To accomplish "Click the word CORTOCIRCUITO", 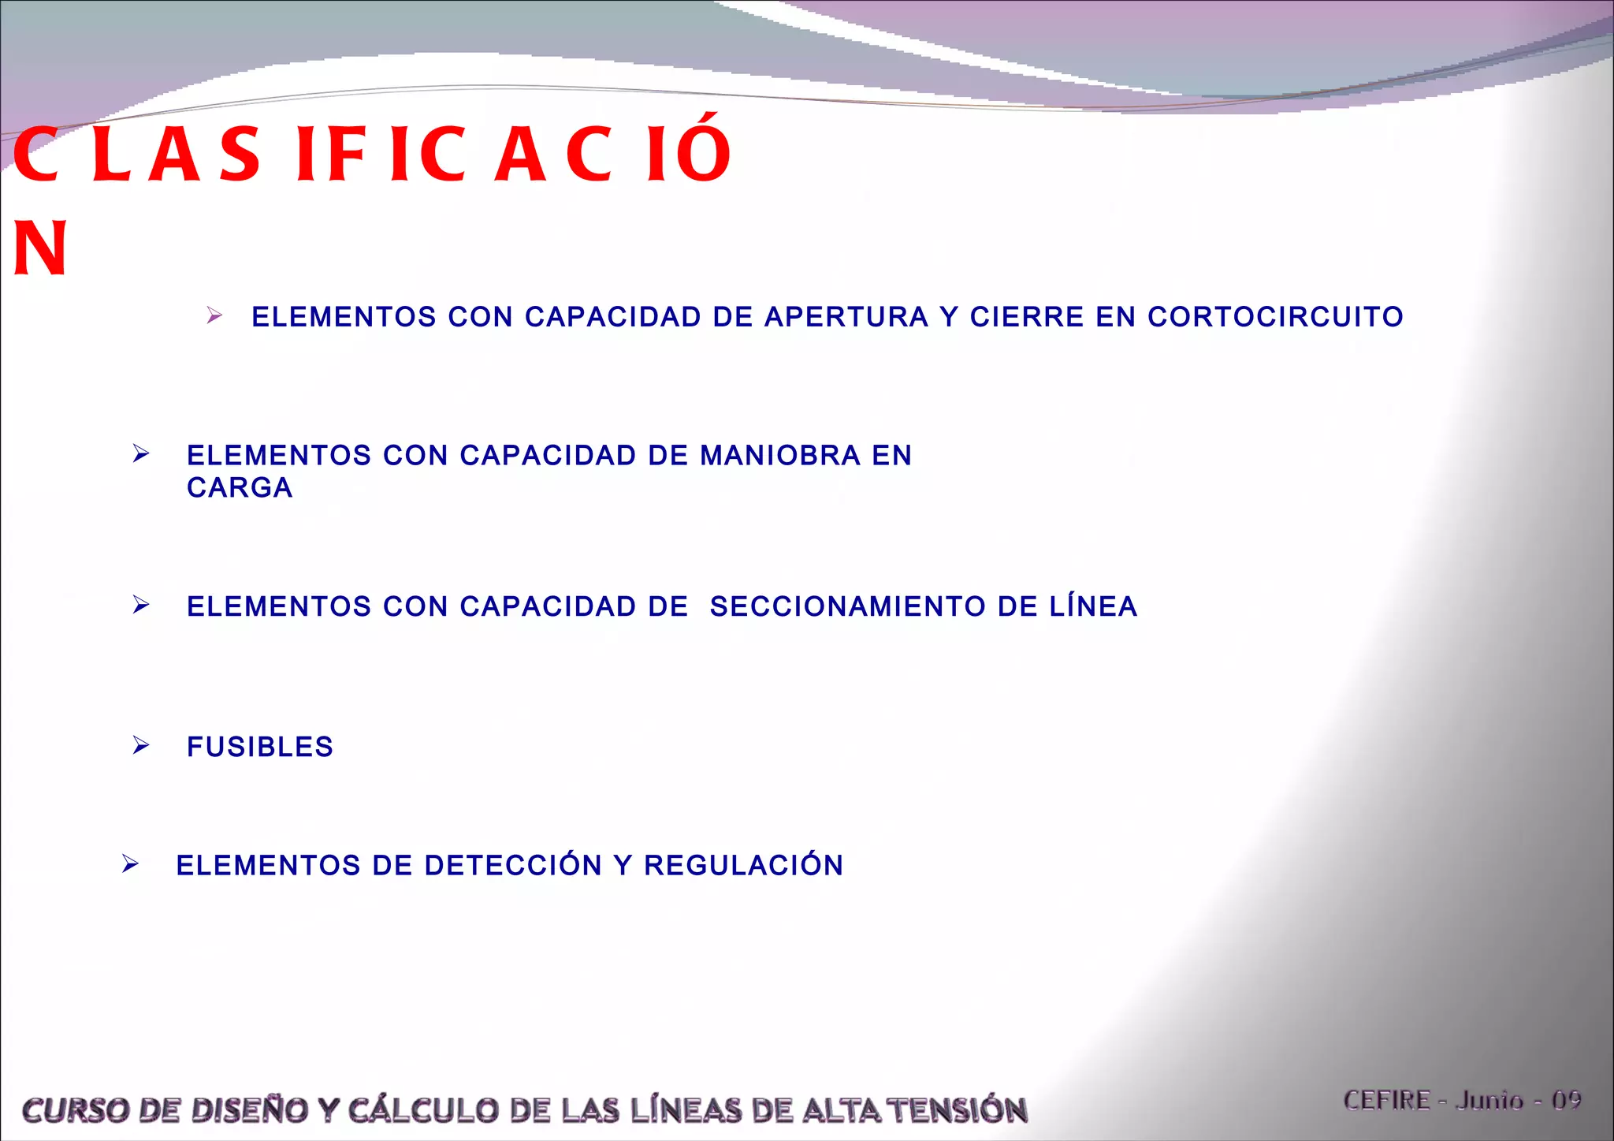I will (1274, 317).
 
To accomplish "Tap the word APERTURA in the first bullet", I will (846, 317).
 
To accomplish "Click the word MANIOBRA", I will (780, 456).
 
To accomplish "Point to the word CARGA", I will (240, 488).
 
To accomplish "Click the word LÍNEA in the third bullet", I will (1093, 606).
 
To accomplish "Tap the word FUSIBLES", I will (260, 747).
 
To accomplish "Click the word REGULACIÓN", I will (743, 865).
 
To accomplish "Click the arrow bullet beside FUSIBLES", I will (141, 745).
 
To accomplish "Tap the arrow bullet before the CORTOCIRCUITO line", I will (214, 316).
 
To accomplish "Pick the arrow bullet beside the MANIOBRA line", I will (141, 453).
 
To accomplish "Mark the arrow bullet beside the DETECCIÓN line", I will (131, 864).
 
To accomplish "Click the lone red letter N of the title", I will (39, 248).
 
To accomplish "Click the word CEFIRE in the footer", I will (1386, 1100).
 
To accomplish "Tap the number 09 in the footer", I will (1566, 1100).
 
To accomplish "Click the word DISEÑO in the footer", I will (249, 1110).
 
